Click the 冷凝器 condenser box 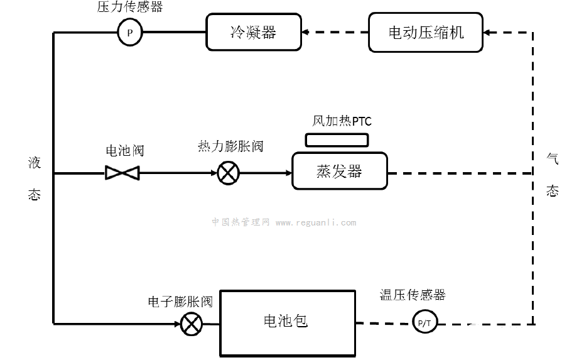pos(252,33)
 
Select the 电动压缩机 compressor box pos(426,33)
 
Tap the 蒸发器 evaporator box pos(339,171)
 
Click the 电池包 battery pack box pos(286,322)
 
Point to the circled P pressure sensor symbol pos(130,33)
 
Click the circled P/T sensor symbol pos(425,324)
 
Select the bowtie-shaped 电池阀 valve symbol pos(122,173)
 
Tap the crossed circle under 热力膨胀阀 pos(227,173)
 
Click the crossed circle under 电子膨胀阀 pos(190,324)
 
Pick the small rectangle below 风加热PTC pos(337,139)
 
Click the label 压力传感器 pos(130,8)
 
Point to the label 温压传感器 pos(413,295)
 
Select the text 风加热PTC pos(342,120)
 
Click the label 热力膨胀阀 pos(230,147)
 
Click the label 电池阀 pos(125,151)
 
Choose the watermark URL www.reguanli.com pos(315,222)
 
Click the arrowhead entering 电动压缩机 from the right pos(490,33)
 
